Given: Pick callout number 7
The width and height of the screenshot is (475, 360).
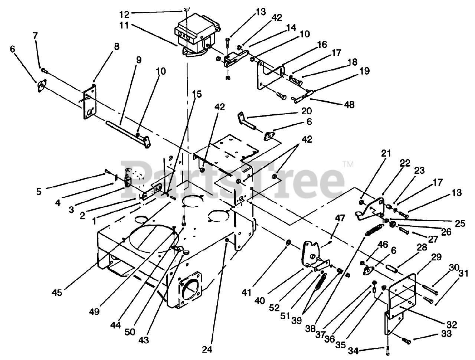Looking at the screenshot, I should [x=35, y=36].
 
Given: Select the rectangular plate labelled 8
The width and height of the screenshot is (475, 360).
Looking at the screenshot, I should [x=89, y=102].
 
